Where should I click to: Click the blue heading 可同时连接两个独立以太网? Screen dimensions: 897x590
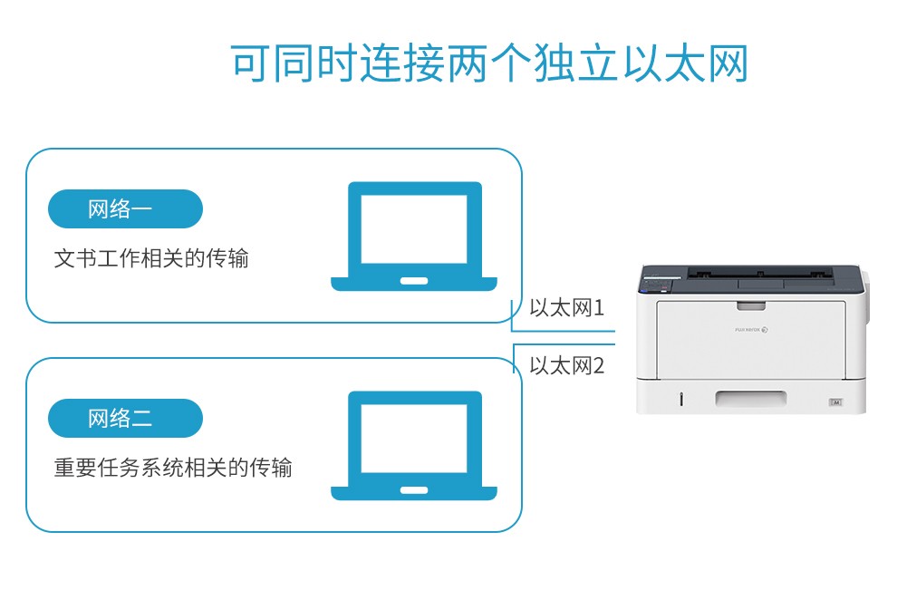point(489,63)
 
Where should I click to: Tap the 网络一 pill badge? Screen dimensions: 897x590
point(125,208)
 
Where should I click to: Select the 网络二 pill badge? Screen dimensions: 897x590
point(125,419)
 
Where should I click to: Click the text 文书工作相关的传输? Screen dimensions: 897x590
point(151,258)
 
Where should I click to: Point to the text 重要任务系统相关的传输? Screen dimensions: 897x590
point(173,468)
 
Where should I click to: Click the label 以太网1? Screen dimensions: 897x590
point(566,308)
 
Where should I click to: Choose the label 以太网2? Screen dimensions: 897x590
point(566,365)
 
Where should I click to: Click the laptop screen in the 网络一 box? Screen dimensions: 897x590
point(414,229)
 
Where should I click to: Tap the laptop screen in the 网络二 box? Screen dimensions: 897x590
point(414,439)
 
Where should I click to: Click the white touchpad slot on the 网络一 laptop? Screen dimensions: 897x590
point(414,281)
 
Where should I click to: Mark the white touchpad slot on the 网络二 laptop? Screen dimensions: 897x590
point(414,490)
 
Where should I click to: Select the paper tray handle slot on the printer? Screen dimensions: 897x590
point(750,398)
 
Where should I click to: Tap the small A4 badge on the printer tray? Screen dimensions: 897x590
point(835,402)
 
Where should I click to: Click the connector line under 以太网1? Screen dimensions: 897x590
point(563,330)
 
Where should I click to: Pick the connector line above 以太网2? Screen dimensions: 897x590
point(564,344)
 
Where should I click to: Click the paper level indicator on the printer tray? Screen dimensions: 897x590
point(680,399)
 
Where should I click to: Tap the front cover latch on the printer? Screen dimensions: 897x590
point(751,306)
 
